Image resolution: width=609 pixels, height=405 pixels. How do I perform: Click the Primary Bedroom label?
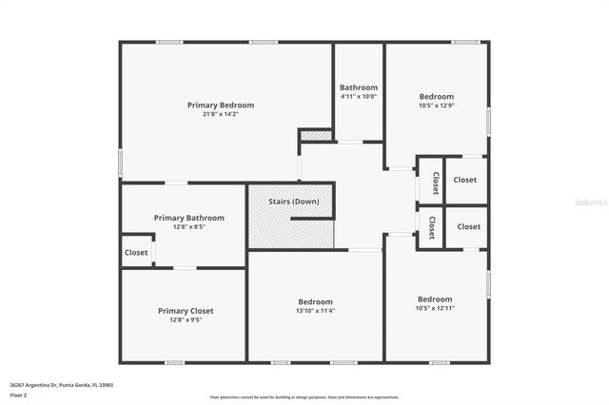[221, 105]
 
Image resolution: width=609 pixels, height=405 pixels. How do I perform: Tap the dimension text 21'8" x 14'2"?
[221, 115]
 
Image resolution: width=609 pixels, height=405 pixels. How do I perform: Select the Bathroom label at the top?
[359, 87]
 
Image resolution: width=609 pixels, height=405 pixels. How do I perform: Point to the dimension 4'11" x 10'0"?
[359, 96]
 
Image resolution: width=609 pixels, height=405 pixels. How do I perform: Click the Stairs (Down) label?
[292, 202]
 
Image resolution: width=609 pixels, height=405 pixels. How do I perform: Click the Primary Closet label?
[186, 311]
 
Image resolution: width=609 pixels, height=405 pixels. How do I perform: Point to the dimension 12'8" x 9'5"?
[186, 320]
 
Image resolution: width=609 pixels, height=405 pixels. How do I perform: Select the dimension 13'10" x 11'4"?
[315, 311]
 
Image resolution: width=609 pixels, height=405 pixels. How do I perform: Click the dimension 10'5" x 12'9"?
[437, 106]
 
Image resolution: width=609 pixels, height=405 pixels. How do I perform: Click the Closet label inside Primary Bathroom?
[136, 253]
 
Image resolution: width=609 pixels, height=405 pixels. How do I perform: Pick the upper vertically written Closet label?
[435, 183]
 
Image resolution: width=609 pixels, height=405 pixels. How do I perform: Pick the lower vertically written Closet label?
[431, 228]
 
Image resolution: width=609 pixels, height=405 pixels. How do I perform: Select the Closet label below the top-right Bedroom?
[465, 180]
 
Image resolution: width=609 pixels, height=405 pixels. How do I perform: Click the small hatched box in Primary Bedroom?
[315, 136]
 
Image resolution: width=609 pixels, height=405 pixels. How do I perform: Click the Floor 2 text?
[18, 394]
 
